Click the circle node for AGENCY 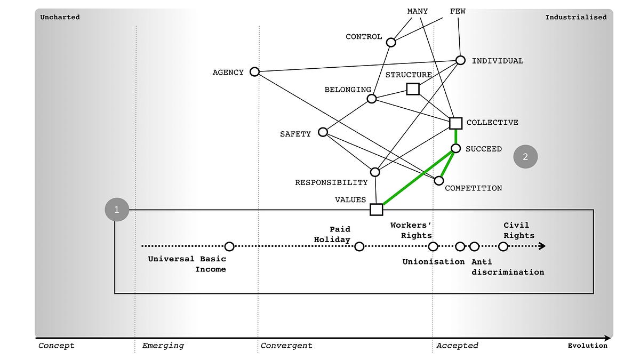[x=254, y=71]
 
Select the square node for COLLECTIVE [x=455, y=123]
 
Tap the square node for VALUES [x=376, y=210]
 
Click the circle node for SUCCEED [x=455, y=148]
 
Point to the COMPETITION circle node [x=439, y=180]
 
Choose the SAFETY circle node [x=323, y=132]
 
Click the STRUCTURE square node [x=412, y=89]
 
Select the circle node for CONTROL [x=391, y=42]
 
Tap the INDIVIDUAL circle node [x=460, y=60]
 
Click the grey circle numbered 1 [x=117, y=210]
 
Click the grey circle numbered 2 [x=525, y=157]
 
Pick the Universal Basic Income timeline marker [x=229, y=246]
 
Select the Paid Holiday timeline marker [x=359, y=246]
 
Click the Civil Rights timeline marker [x=503, y=246]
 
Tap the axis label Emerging [x=163, y=346]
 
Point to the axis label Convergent [x=286, y=346]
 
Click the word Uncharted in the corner [x=60, y=17]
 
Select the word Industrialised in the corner [x=575, y=17]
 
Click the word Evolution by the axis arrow [x=587, y=346]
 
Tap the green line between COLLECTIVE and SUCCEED [x=455, y=136]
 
